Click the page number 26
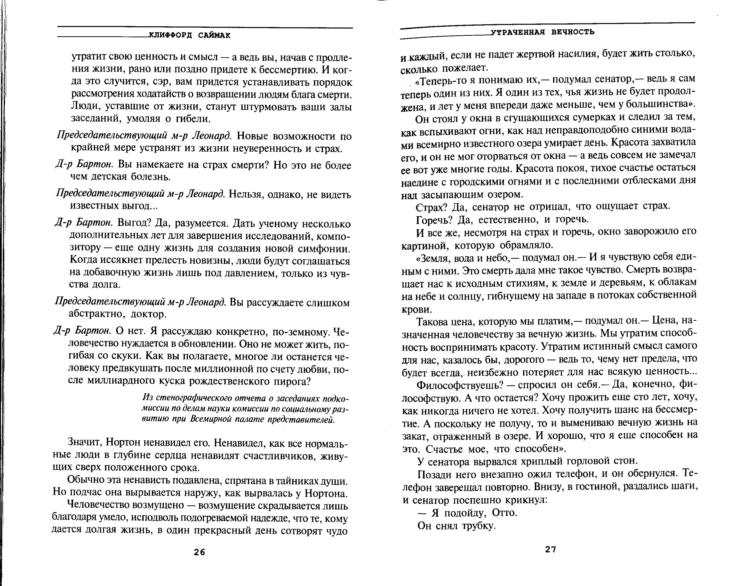(x=199, y=552)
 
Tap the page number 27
(x=550, y=549)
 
